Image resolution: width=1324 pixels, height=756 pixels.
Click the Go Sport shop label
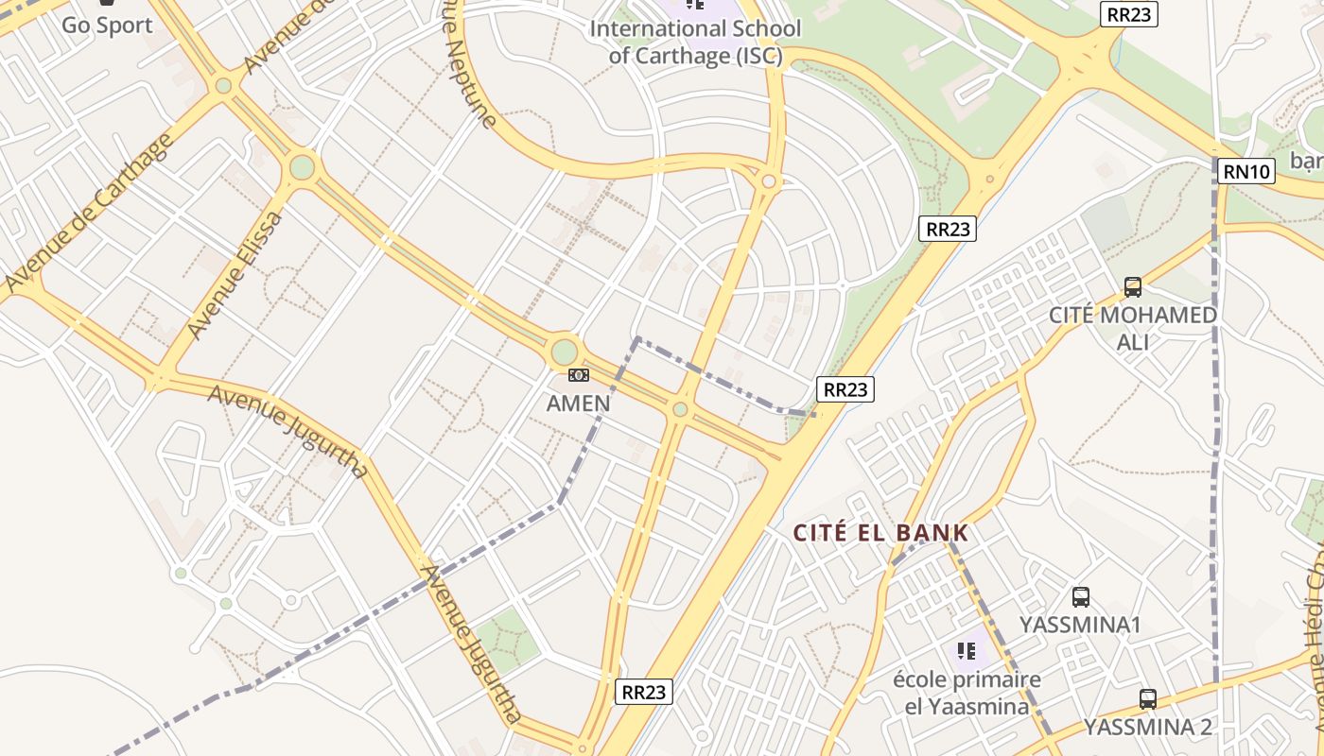(x=107, y=25)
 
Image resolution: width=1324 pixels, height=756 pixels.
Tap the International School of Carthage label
(x=695, y=42)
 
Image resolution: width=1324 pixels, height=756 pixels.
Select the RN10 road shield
(x=1247, y=171)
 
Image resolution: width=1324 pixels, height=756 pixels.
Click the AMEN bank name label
(x=578, y=404)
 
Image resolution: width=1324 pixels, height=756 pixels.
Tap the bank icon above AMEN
(x=578, y=376)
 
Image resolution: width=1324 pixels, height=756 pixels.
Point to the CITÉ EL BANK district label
(x=880, y=533)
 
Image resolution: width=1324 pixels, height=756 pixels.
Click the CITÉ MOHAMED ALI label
(x=1132, y=327)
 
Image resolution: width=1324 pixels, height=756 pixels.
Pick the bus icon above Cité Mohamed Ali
(x=1132, y=287)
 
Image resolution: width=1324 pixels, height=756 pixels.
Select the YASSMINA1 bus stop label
(x=1080, y=625)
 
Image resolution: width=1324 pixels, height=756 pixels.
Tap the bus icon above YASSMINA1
(x=1081, y=597)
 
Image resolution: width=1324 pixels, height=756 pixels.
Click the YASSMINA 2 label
(x=1147, y=727)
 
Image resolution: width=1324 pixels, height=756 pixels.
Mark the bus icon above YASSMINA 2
(x=1148, y=699)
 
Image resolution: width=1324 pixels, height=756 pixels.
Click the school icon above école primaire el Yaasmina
(x=966, y=650)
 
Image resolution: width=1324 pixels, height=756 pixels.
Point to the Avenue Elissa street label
(x=235, y=275)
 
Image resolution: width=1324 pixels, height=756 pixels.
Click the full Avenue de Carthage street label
(x=91, y=213)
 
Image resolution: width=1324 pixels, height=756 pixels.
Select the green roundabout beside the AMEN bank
(x=565, y=352)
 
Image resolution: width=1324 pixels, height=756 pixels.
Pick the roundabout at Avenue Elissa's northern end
(x=302, y=167)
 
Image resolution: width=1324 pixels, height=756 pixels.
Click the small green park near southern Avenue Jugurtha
(x=507, y=641)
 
